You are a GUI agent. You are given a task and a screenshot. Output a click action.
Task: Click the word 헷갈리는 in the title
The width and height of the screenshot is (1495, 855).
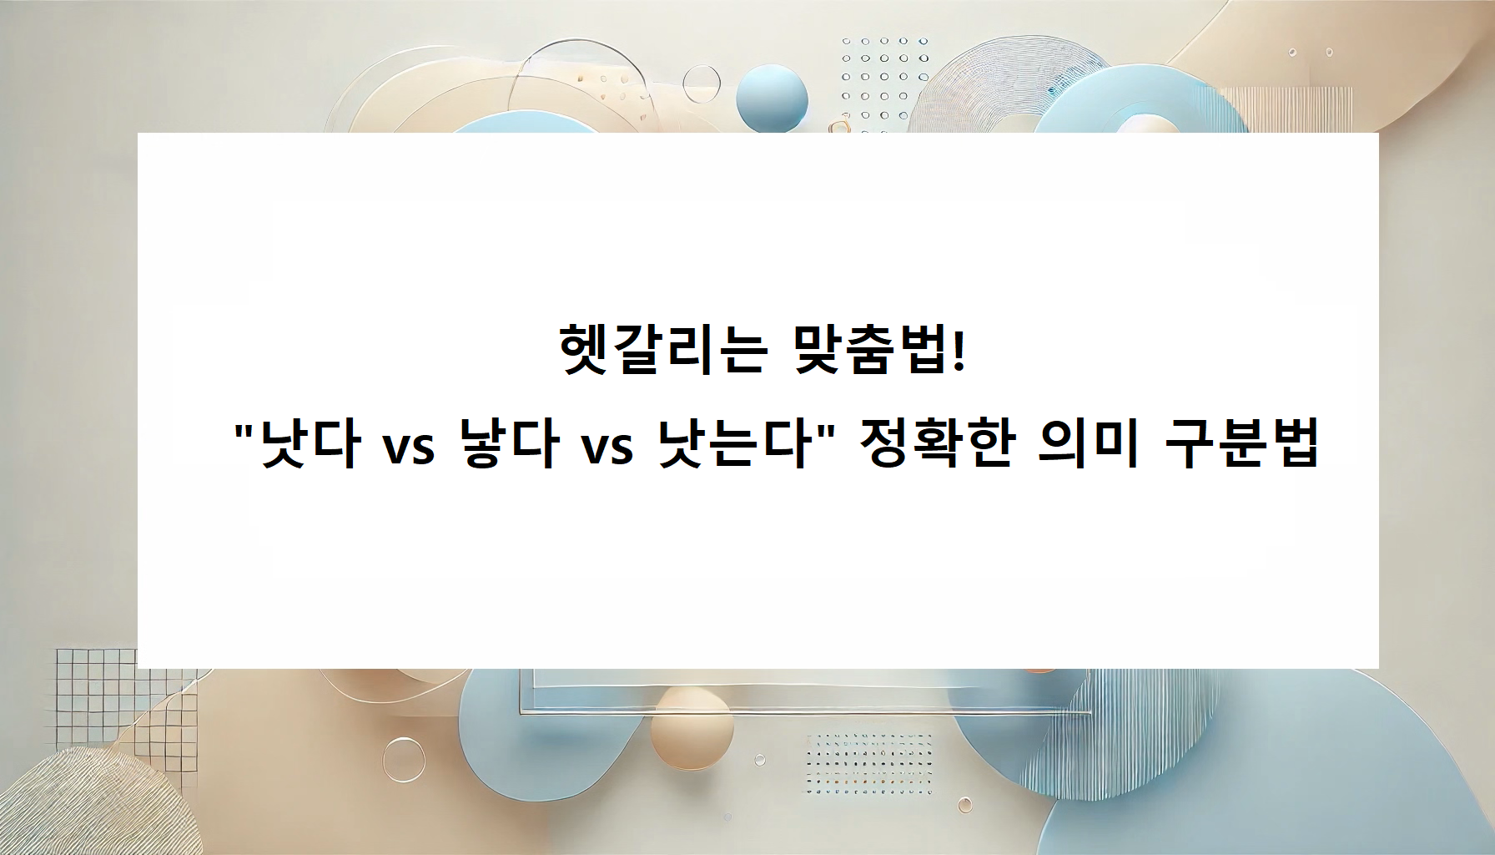(x=662, y=352)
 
